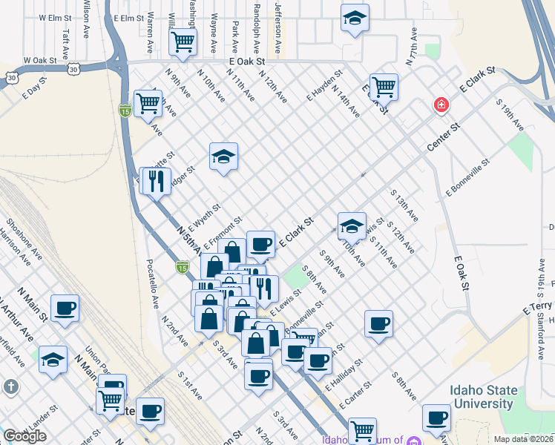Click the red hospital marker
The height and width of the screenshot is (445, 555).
point(441,105)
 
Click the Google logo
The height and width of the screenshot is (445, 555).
point(24,435)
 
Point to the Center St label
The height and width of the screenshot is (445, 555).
point(444,137)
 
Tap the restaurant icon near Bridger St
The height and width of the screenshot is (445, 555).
point(156,181)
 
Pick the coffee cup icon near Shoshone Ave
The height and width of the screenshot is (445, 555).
point(65,308)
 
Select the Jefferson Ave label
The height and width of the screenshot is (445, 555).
point(278,27)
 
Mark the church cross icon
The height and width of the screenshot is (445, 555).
point(10,386)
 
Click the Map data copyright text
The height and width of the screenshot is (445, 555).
point(524,438)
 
